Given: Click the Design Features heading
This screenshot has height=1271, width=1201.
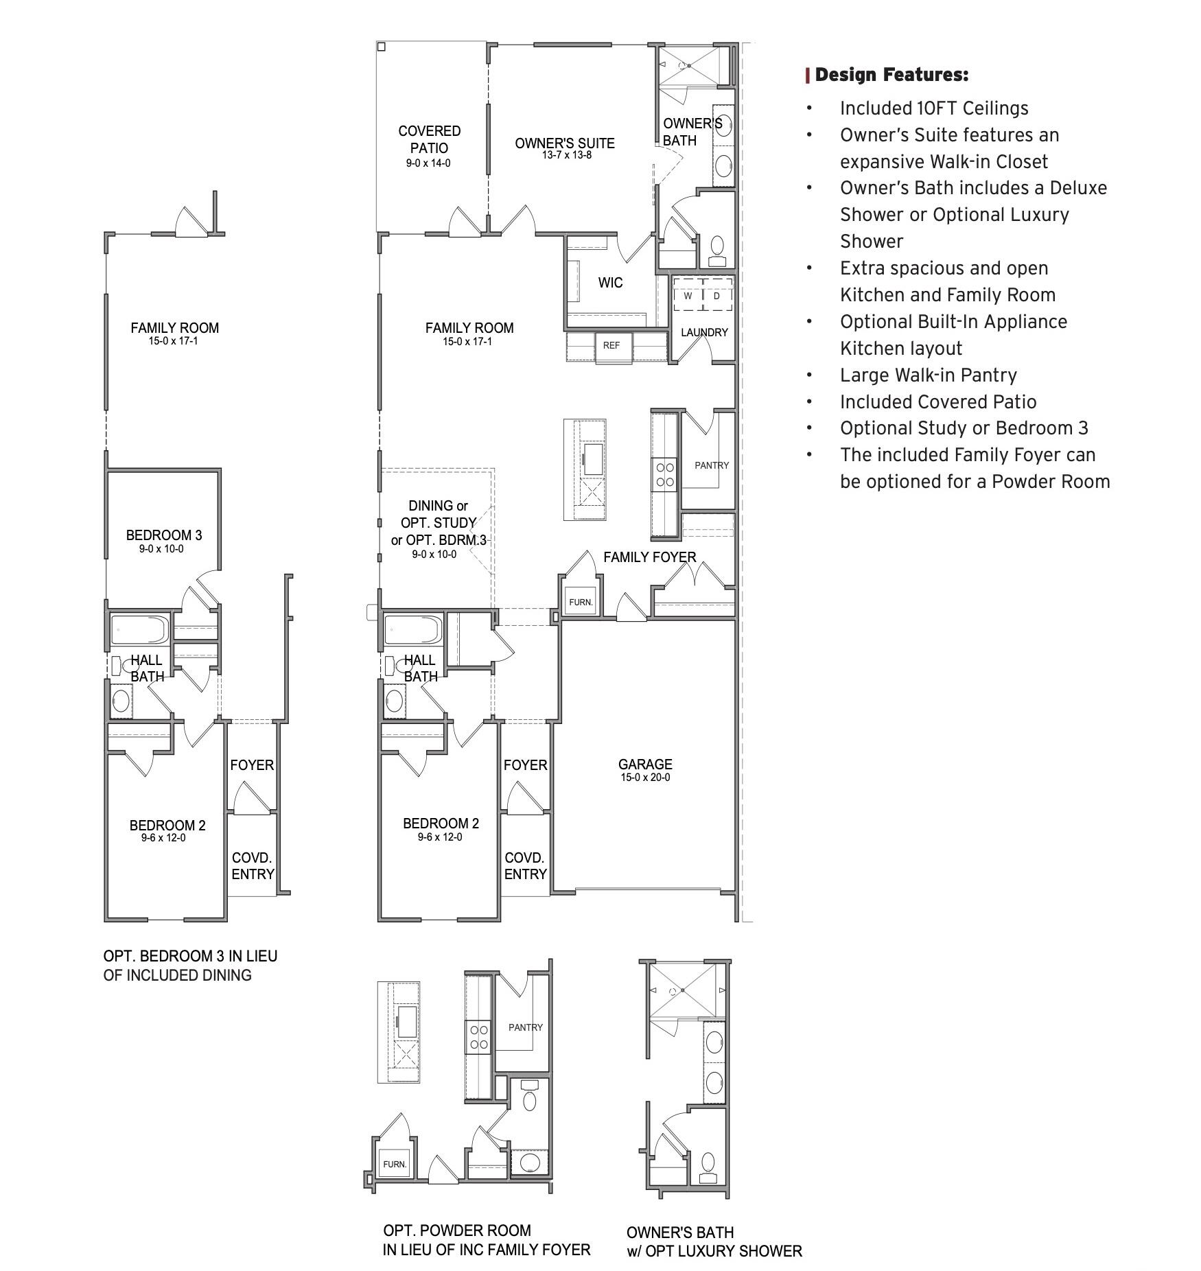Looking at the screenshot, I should click(x=891, y=75).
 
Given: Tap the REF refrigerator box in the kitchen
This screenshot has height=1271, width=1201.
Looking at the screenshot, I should click(x=611, y=345).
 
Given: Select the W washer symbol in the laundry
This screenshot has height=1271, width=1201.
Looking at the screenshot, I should click(x=687, y=296).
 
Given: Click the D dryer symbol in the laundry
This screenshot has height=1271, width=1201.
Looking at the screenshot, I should click(x=717, y=296).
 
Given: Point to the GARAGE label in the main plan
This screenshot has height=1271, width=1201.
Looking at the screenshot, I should click(x=644, y=764).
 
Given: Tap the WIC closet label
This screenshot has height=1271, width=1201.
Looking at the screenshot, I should click(x=610, y=283).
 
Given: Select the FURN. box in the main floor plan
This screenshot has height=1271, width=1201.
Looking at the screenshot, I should click(x=581, y=602).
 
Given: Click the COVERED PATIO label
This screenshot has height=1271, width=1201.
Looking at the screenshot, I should click(x=429, y=139).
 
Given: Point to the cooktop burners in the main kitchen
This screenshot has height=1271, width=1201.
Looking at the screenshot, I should click(x=665, y=474).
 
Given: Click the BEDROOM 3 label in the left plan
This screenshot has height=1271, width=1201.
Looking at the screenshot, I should click(x=164, y=535).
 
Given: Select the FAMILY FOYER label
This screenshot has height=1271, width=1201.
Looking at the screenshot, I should click(x=649, y=557).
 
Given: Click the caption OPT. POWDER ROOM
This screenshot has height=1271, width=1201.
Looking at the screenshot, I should click(x=457, y=1231).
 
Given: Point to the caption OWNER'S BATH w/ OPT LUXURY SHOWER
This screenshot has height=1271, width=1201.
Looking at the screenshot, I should click(x=714, y=1241).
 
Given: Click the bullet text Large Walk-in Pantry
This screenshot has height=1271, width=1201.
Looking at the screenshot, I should click(x=928, y=375).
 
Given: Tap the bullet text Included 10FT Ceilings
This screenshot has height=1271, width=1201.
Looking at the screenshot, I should click(x=933, y=108).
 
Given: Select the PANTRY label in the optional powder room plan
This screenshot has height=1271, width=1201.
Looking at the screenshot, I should click(x=525, y=1027).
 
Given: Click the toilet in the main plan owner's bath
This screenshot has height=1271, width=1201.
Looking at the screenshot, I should click(x=716, y=248).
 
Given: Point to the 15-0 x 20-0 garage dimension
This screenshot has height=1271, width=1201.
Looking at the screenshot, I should click(x=645, y=778).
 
